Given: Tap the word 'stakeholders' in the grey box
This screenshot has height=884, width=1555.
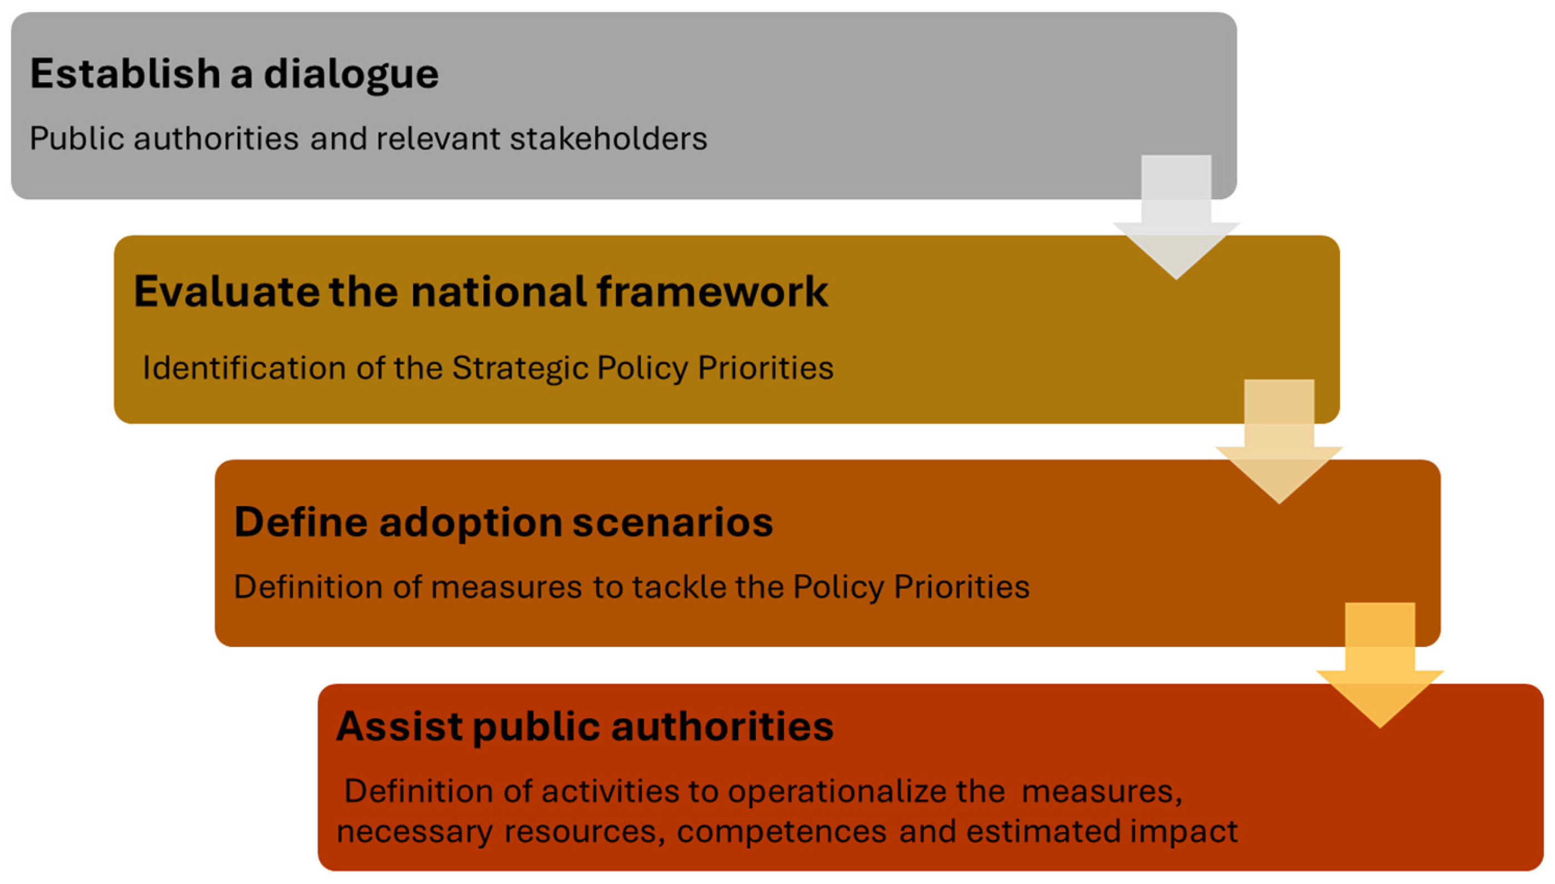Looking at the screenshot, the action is click(x=609, y=138).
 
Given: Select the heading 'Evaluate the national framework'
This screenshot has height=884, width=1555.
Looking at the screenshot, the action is click(x=480, y=291).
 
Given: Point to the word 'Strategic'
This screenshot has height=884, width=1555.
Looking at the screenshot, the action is click(x=519, y=368).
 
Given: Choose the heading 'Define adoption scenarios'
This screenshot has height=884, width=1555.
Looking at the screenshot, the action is click(x=504, y=522).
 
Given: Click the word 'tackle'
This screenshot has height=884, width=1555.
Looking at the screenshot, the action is click(x=678, y=587).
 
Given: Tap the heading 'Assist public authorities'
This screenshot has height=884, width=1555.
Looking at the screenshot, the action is click(x=585, y=726).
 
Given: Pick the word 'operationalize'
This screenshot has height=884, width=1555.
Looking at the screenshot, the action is click(x=836, y=791).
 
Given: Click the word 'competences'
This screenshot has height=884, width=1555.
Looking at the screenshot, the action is click(x=782, y=831).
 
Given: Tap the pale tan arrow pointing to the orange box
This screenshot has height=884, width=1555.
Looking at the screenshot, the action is click(x=1279, y=441).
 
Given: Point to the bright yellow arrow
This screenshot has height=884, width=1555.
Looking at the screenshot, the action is click(x=1380, y=665).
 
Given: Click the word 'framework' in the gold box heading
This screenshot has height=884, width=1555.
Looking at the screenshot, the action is click(x=712, y=291).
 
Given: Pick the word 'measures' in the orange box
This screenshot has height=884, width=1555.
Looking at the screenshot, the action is click(x=506, y=587).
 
